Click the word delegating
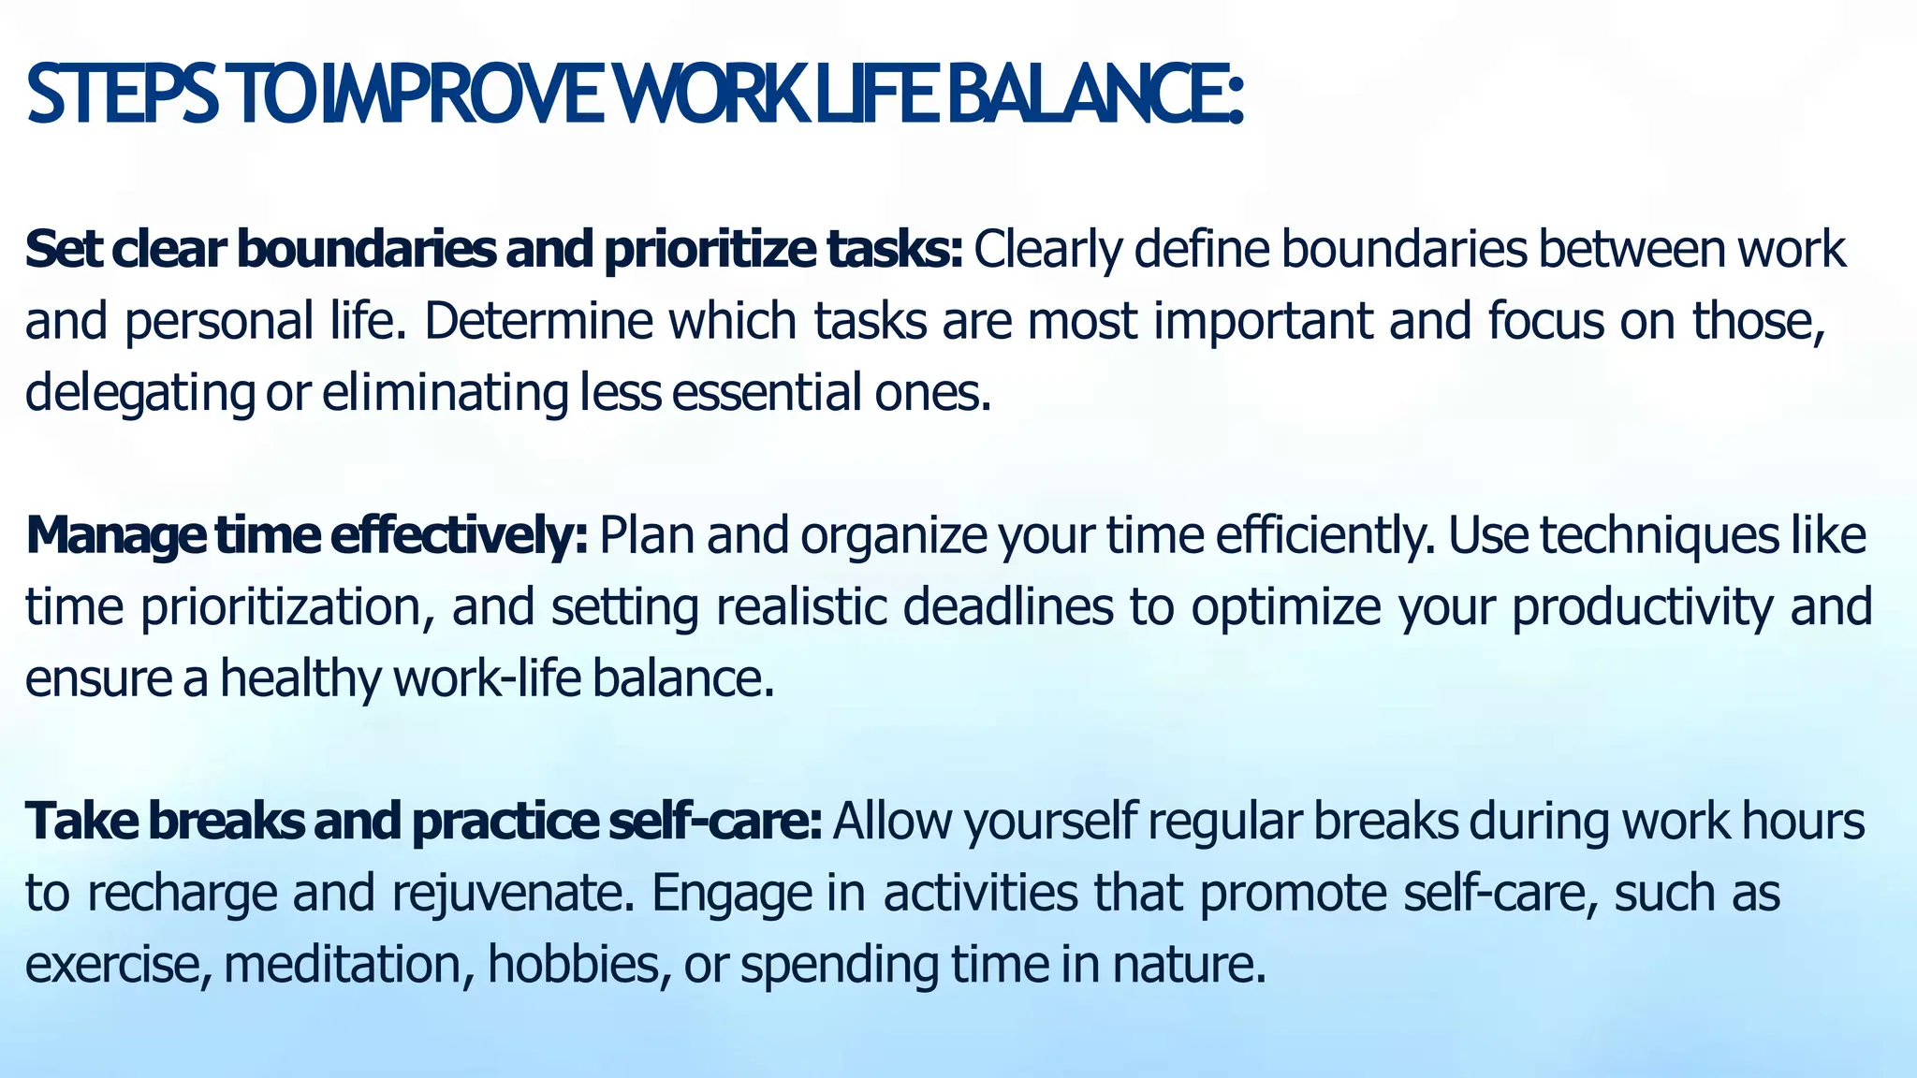tap(139, 393)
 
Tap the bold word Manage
tap(114, 537)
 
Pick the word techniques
tap(1661, 537)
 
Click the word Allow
tap(892, 822)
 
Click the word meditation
tap(343, 965)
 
